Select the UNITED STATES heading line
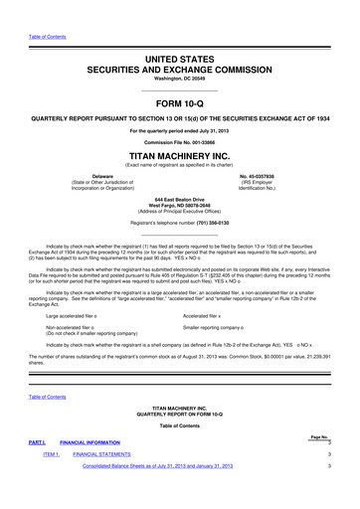click(179, 61)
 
